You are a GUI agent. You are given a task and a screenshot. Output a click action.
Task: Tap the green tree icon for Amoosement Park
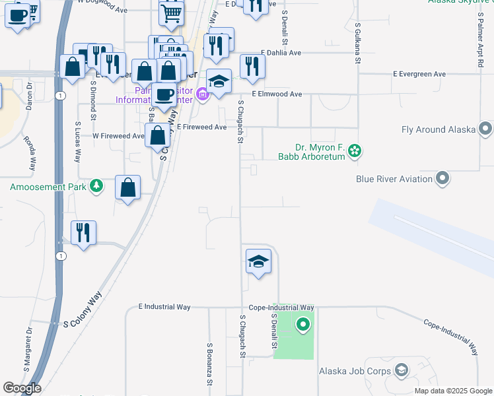pos(97,186)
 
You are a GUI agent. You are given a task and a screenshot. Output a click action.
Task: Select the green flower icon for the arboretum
pos(355,152)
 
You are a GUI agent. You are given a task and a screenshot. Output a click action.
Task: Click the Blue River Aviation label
pos(394,178)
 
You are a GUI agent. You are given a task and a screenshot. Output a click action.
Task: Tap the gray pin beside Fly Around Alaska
pos(486,129)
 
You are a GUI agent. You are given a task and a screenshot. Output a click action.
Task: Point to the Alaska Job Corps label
pos(355,372)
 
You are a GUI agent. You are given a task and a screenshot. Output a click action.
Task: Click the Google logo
pos(22,388)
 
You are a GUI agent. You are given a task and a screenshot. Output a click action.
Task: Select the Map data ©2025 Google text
pos(452,391)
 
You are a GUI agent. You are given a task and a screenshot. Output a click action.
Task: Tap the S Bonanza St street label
pos(209,364)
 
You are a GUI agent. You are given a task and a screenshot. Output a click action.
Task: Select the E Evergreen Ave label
pos(419,74)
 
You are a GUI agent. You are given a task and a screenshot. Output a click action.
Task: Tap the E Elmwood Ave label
pos(276,94)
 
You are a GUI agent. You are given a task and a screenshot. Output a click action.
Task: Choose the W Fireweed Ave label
pos(118,136)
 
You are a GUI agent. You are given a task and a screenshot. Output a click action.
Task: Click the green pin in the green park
pos(303,325)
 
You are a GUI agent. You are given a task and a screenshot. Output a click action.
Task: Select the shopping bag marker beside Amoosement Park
pos(128,187)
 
